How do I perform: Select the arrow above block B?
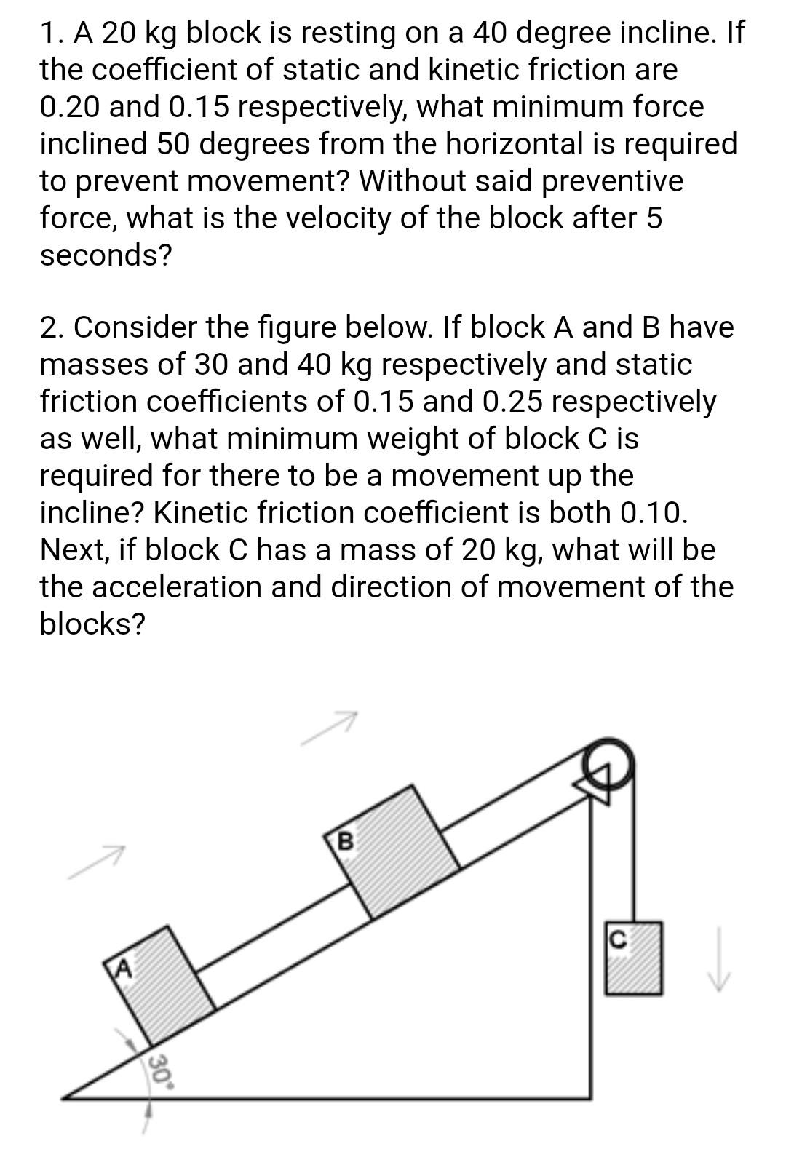[x=331, y=728]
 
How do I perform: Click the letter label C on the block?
[x=617, y=939]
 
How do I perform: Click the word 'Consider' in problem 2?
[x=128, y=327]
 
